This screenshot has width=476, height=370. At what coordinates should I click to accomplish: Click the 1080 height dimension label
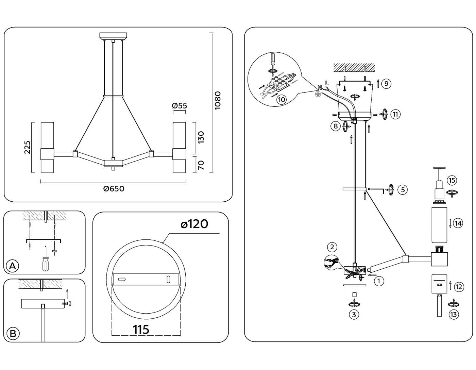(x=218, y=100)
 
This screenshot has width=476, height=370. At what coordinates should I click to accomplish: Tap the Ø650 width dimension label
(x=114, y=189)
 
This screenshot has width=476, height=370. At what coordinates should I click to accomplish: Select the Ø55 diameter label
(x=180, y=106)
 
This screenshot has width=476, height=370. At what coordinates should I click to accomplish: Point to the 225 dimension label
(x=27, y=147)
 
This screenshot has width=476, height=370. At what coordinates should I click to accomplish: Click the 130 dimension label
(x=201, y=137)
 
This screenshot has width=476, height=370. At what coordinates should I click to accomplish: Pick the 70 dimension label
(x=201, y=165)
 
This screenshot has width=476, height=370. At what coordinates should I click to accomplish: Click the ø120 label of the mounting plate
(x=194, y=224)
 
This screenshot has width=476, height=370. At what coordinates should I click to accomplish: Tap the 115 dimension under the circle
(x=141, y=330)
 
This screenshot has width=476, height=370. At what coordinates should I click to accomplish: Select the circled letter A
(x=13, y=266)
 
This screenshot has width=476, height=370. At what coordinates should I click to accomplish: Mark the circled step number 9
(x=386, y=83)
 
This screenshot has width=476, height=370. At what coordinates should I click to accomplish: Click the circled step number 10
(x=281, y=100)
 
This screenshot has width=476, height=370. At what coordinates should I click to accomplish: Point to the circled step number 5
(x=403, y=189)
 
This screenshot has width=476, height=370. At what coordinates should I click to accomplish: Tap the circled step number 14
(x=458, y=223)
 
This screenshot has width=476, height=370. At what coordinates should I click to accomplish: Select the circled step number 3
(x=354, y=315)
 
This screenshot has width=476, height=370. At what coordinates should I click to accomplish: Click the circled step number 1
(x=379, y=281)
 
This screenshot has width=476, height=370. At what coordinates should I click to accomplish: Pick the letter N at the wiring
(x=320, y=87)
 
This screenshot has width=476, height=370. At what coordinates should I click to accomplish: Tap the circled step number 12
(x=459, y=287)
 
